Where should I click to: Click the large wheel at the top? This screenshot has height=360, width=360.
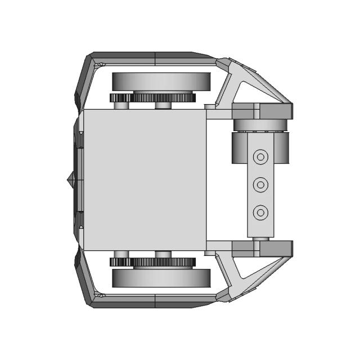pos(162,81)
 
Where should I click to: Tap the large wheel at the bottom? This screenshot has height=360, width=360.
pos(162,277)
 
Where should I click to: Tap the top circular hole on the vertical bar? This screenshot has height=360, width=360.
pos(260,157)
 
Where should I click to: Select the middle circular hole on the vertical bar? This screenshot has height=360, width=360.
pos(260,184)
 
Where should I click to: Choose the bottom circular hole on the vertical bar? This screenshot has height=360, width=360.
pos(260,212)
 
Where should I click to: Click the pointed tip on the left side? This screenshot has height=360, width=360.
pos(69,180)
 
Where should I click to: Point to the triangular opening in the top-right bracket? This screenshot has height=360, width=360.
pos(242,92)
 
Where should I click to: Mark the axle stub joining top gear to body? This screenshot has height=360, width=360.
pos(163,105)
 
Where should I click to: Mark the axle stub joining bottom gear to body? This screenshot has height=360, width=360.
pos(163,254)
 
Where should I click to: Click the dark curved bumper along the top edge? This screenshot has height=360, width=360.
pos(152,58)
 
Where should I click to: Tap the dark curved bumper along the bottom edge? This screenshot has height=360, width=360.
pos(152,302)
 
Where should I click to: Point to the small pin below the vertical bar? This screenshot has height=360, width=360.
pos(259,238)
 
